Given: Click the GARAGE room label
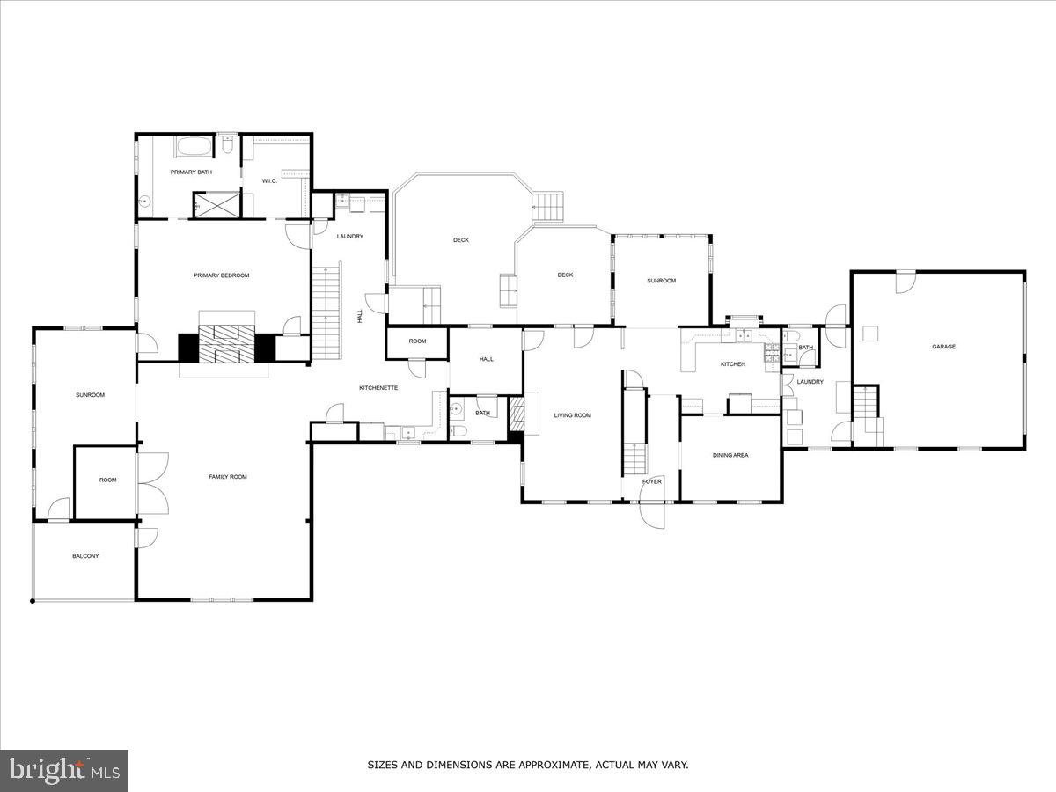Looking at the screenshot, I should (x=943, y=347).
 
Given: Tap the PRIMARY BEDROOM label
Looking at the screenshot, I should (x=222, y=275).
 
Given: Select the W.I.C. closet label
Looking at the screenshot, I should (x=269, y=181).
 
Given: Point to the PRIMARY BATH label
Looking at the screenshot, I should (x=191, y=172).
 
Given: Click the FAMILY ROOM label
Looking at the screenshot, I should (x=227, y=477).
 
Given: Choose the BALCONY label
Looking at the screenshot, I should (x=85, y=556).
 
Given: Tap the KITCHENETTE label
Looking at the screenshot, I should (x=378, y=388).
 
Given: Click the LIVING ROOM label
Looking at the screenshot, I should (x=572, y=415).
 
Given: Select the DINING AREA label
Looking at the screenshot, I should (x=730, y=455).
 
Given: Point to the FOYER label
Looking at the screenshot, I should (x=651, y=481).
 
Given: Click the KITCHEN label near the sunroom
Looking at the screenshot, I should (x=733, y=364).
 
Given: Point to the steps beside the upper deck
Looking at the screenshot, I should (x=548, y=208).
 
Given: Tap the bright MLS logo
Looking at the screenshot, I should (x=64, y=771).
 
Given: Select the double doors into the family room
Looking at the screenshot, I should (x=151, y=483).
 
